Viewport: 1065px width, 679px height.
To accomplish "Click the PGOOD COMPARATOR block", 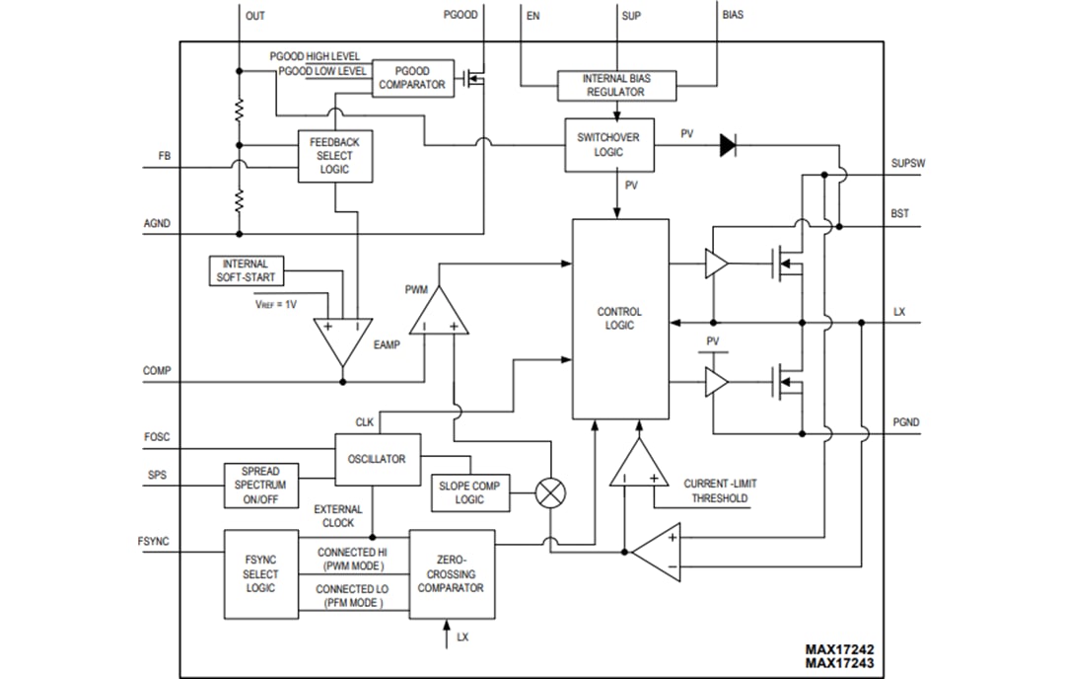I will [x=413, y=78].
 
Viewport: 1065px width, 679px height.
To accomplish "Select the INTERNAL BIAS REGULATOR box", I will [x=615, y=85].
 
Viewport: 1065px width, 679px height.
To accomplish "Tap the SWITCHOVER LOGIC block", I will [x=608, y=144].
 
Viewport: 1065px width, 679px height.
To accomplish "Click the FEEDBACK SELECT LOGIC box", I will [x=335, y=156].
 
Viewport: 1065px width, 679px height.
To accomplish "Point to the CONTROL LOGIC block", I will [x=620, y=319].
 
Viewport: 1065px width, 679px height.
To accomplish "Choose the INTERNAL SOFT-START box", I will [x=245, y=270].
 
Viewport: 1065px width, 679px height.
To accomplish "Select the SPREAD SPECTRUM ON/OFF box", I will [x=260, y=486].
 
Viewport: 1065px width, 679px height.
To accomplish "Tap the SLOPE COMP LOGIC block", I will [x=469, y=492].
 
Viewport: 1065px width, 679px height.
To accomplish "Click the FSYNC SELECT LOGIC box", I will [x=260, y=573].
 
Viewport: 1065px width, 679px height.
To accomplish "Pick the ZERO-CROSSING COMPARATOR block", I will [x=451, y=573].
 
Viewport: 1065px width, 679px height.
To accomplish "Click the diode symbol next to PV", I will [x=728, y=145].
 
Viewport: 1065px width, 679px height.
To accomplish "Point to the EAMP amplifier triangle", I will [x=342, y=341].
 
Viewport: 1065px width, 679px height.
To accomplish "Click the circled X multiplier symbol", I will [x=549, y=492].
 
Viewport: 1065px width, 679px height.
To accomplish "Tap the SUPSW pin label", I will [x=907, y=164].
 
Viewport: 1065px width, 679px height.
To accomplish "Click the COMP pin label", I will [x=157, y=371].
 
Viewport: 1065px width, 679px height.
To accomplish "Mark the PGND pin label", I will [x=904, y=421].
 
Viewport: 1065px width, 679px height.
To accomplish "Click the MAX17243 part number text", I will [x=838, y=664].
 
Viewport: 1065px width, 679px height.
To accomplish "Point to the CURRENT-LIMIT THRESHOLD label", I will [x=720, y=490].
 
